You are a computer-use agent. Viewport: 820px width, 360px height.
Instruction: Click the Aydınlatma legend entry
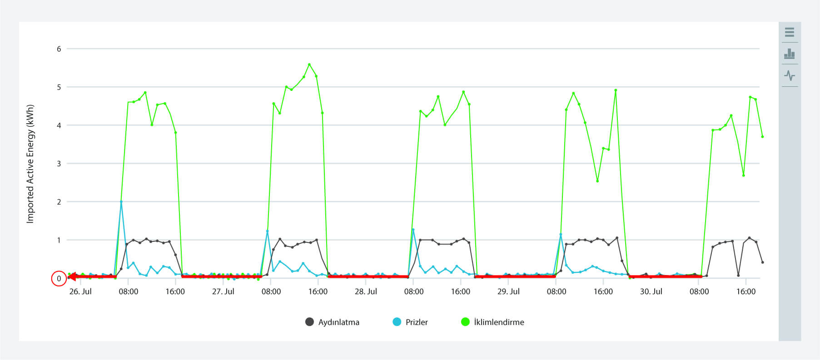pos(332,322)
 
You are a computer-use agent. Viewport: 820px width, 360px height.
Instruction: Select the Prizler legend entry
pos(410,322)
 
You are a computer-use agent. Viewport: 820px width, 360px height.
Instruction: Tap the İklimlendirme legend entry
pos(492,322)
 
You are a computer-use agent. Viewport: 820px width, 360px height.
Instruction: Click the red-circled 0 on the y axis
pos(59,279)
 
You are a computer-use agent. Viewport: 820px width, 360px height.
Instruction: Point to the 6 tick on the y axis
pos(59,49)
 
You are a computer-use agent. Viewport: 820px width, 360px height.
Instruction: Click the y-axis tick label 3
pos(59,164)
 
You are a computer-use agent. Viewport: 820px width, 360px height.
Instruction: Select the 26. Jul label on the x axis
pos(80,291)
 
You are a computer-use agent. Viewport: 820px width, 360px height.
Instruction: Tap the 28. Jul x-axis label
pos(366,291)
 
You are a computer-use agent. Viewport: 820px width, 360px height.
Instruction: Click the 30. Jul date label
pos(651,291)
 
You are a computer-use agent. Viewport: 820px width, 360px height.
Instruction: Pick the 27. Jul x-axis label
pos(223,291)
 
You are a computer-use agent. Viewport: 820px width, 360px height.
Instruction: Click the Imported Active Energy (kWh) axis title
pos(30,164)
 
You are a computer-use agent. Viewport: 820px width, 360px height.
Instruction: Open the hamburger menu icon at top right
pos(790,32)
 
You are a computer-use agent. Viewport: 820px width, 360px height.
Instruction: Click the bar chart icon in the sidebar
pos(790,54)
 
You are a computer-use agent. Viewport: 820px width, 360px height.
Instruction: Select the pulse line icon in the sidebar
pos(790,75)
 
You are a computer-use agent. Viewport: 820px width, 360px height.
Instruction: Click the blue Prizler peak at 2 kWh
pos(121,201)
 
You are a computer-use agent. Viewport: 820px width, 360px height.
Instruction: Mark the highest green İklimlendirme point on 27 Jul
pos(309,65)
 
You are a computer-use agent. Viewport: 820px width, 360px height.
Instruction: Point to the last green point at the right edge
pos(762,136)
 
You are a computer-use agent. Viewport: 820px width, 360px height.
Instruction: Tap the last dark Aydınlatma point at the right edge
pos(762,262)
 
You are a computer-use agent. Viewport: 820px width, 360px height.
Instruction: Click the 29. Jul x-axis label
pos(508,291)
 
